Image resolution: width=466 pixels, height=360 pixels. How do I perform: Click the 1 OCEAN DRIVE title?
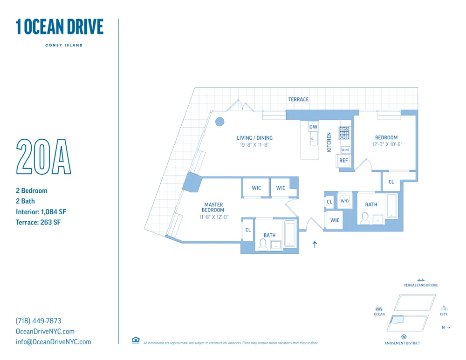(x=59, y=27)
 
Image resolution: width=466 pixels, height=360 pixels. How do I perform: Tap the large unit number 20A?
(x=43, y=156)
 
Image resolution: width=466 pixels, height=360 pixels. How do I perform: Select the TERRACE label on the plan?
(x=298, y=99)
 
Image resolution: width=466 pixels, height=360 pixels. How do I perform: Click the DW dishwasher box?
(x=313, y=127)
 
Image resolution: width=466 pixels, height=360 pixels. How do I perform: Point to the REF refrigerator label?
(x=343, y=161)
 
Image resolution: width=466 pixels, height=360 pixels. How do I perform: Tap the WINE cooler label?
(x=345, y=150)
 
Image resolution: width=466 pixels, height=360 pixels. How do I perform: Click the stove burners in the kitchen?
(x=344, y=133)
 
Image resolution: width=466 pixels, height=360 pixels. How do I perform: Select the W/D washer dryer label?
(x=344, y=201)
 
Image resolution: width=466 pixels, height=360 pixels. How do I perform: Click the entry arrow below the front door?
(x=315, y=244)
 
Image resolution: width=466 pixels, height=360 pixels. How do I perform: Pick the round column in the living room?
(x=219, y=122)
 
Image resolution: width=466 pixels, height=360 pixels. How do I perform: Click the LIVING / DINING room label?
(x=254, y=138)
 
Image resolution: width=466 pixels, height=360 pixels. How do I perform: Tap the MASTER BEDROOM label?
(x=213, y=207)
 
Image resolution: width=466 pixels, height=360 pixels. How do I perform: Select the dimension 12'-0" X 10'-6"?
(x=386, y=144)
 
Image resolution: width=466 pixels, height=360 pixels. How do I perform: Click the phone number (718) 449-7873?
(x=38, y=321)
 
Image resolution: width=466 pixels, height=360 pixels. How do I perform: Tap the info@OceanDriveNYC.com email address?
(x=53, y=342)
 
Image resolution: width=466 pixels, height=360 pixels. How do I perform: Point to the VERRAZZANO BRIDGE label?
(x=420, y=285)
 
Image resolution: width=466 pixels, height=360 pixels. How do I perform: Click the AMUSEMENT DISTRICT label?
(x=402, y=343)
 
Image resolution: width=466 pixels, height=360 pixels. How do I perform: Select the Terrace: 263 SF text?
(x=38, y=222)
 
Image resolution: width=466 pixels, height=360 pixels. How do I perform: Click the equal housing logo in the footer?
(x=136, y=340)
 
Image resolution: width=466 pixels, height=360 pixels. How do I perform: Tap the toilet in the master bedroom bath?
(x=263, y=245)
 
